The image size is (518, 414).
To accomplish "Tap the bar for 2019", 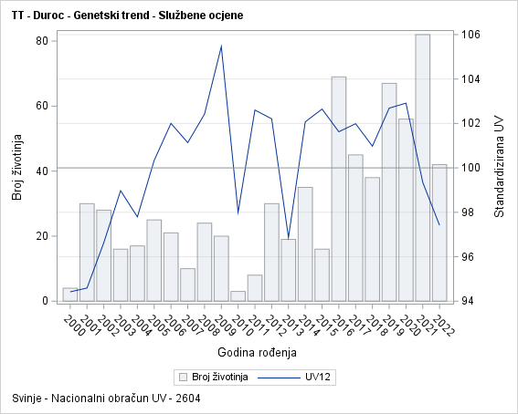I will [389, 191].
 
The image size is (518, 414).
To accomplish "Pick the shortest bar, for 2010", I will [238, 296].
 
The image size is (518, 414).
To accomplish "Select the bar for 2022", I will [439, 233].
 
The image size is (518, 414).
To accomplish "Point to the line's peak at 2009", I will [221, 46].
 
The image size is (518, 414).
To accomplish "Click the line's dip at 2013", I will [289, 238].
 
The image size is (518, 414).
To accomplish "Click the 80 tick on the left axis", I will [42, 41].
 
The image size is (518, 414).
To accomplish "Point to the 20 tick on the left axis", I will [42, 236].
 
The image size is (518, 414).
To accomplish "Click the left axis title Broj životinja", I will [17, 168].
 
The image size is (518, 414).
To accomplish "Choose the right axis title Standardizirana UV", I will [499, 168].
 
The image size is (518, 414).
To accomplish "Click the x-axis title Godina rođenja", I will [258, 351].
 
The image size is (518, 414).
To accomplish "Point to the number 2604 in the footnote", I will [188, 398].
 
